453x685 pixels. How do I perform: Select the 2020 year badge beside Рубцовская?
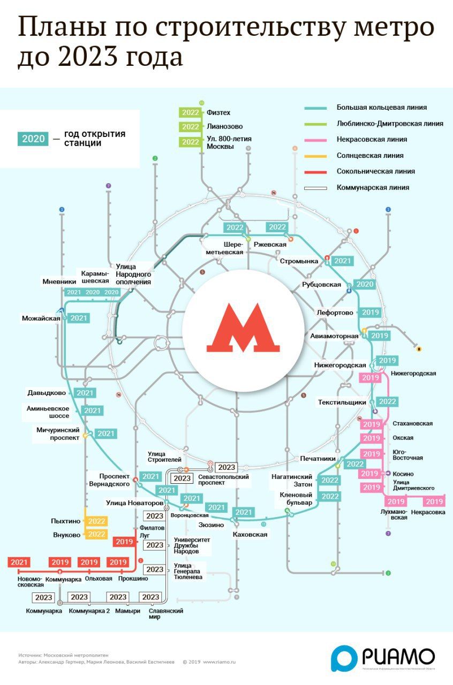(365, 284)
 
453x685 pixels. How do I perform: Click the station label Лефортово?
(335, 313)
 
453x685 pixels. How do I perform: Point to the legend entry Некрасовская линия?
(372, 140)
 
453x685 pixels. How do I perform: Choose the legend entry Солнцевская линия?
(370, 156)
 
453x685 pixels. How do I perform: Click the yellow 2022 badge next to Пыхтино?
(97, 521)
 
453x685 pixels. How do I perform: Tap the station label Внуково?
(66, 534)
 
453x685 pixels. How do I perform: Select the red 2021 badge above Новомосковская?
(19, 562)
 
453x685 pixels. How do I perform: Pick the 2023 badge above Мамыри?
(118, 597)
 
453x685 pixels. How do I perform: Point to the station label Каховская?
(250, 534)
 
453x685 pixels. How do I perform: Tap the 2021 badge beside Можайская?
(79, 318)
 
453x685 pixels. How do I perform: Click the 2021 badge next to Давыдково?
(85, 393)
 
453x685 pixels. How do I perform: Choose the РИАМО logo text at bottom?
(398, 656)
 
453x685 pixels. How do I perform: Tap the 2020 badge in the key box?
(34, 139)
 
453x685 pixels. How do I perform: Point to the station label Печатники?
(318, 459)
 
